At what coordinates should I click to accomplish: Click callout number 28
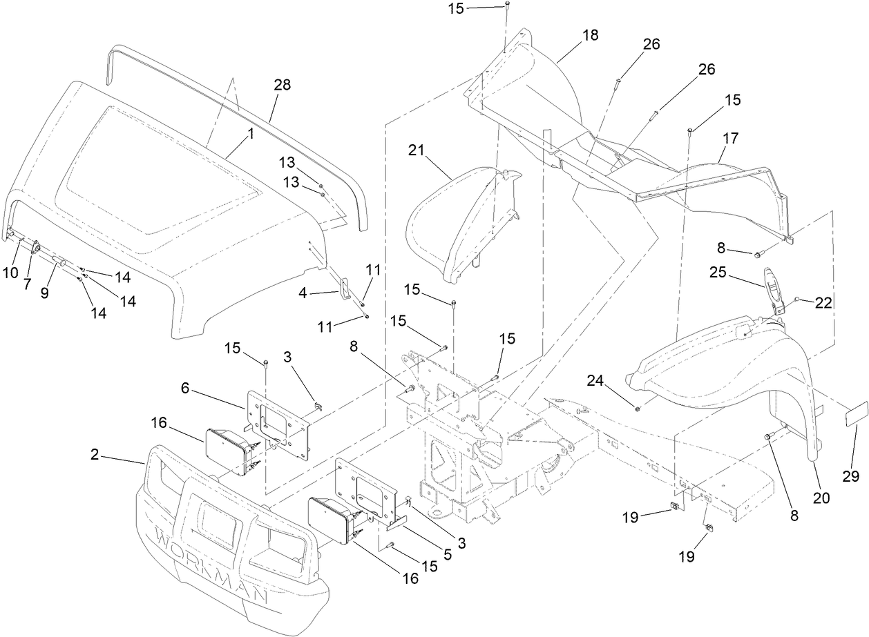point(282,86)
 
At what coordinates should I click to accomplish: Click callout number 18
point(591,34)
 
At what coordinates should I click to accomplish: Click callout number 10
point(10,273)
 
